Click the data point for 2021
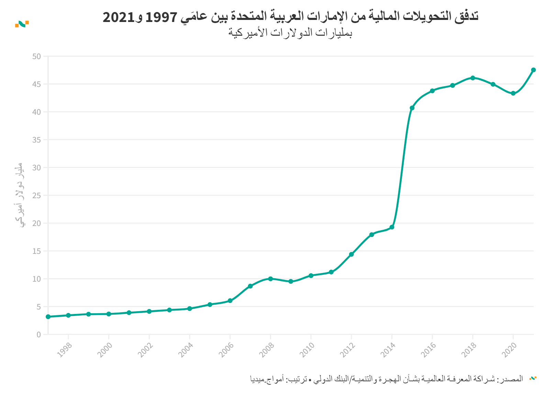533,70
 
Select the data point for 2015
412,108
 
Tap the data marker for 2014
392,227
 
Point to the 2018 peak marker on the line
473,78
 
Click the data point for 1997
48,317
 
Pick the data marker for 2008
270,279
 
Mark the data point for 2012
351,255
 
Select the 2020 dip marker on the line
513,93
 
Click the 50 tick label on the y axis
36,56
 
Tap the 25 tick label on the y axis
36,195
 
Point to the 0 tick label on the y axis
38,335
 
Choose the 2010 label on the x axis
307,350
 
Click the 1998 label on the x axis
64,350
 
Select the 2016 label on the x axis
428,350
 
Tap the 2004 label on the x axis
186,350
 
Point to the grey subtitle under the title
290,33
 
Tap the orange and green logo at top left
22,24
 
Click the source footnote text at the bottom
386,379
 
